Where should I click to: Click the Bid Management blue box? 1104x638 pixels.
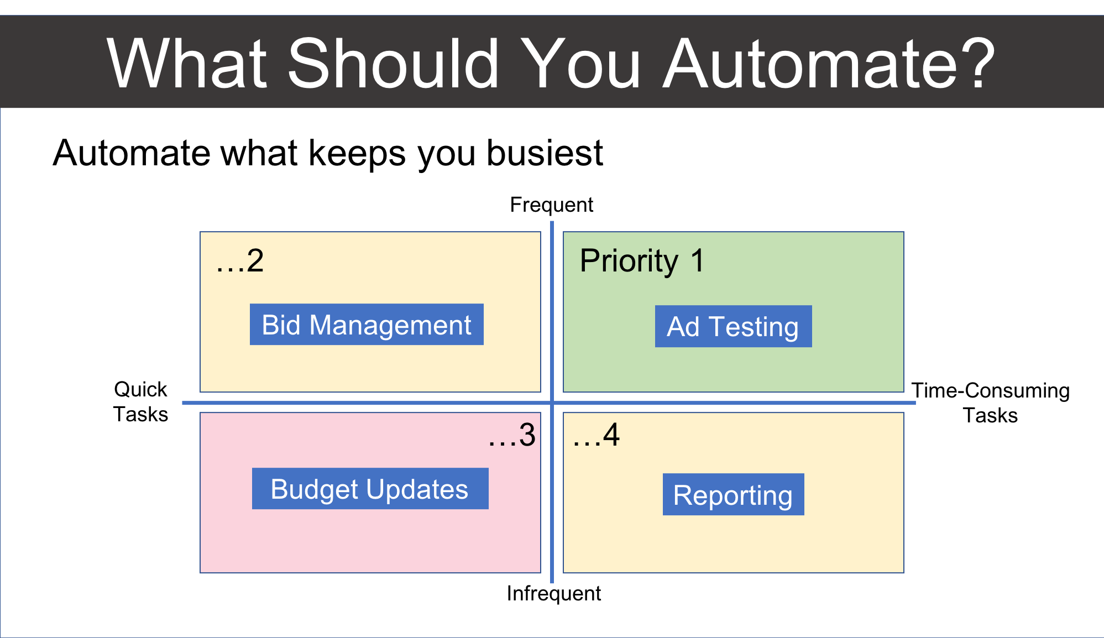click(x=367, y=325)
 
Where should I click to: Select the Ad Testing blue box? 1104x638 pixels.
click(x=733, y=326)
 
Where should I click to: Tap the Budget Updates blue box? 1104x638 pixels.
click(x=370, y=489)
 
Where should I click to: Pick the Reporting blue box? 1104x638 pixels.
click(x=733, y=494)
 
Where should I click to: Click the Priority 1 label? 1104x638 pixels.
click(x=642, y=260)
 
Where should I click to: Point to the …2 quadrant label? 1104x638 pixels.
click(x=240, y=261)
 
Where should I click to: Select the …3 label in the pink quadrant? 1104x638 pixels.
click(x=512, y=435)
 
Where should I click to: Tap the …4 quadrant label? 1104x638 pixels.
click(x=596, y=435)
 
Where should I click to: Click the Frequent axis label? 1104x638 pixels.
click(x=551, y=205)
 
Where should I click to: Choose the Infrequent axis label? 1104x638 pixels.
click(x=553, y=594)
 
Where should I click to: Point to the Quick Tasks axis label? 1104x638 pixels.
click(x=140, y=402)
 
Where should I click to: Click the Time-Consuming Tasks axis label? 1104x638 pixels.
click(x=990, y=402)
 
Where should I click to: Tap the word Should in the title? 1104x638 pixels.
click(x=394, y=64)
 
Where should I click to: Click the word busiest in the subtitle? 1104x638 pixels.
click(x=545, y=153)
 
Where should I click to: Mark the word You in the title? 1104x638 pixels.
click(x=581, y=64)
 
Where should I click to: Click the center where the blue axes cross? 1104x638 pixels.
click(x=552, y=402)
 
